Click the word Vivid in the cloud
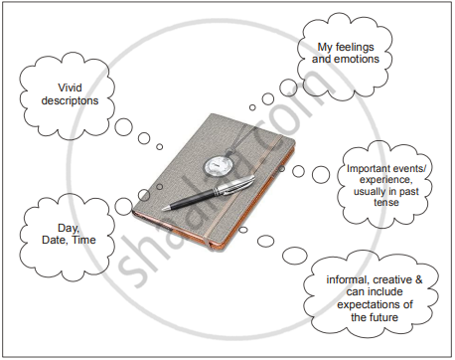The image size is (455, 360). point(70,88)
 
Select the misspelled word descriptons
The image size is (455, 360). point(70,100)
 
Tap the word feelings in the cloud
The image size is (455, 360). point(355,47)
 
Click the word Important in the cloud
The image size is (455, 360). point(368,169)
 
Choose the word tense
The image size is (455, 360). point(386,202)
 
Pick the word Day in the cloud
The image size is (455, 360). point(69,228)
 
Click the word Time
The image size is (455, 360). point(84,240)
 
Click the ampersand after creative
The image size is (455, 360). point(418,279)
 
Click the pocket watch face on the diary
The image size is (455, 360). point(218,166)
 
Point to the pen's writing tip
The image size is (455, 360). point(164,209)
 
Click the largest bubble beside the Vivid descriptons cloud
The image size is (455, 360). point(123,127)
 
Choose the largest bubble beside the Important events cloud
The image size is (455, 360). point(321,174)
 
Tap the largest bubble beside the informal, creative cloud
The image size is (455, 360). point(295,256)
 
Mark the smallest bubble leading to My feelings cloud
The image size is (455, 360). point(252,107)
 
